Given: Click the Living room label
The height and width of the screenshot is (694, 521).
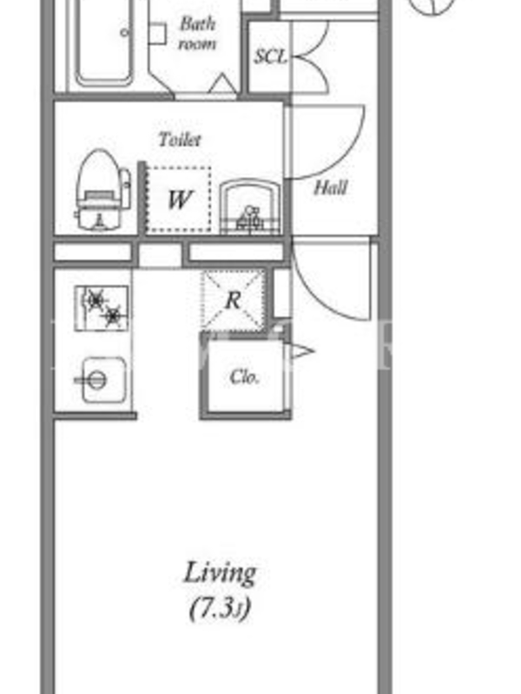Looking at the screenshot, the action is [x=220, y=573].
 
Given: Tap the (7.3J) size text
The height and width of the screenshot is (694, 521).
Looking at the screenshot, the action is [x=221, y=608].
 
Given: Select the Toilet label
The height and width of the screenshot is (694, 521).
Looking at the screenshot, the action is [x=180, y=140].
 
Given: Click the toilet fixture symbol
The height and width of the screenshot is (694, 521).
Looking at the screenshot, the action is [x=102, y=189].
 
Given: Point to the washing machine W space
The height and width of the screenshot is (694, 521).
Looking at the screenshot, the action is [x=179, y=200].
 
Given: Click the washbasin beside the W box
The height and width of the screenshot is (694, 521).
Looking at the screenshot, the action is [x=250, y=206].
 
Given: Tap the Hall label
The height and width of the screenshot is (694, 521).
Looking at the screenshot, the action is [x=330, y=188].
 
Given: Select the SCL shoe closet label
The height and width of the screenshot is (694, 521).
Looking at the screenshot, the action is [x=271, y=56].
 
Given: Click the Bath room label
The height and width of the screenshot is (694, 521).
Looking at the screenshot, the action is [x=198, y=34].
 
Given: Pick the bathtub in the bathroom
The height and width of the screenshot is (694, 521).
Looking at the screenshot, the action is [x=104, y=42].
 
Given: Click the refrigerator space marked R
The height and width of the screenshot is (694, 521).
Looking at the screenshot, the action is [x=234, y=299].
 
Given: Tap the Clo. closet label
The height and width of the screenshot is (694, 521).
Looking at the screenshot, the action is [x=244, y=376].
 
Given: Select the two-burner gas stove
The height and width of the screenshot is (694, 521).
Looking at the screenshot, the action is [x=102, y=308].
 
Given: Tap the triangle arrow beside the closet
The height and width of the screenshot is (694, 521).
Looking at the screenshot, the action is [x=302, y=352].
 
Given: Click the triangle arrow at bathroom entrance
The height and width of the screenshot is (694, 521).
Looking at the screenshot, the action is [x=222, y=84].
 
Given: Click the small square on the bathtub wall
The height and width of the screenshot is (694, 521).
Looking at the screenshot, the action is [x=157, y=33].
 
